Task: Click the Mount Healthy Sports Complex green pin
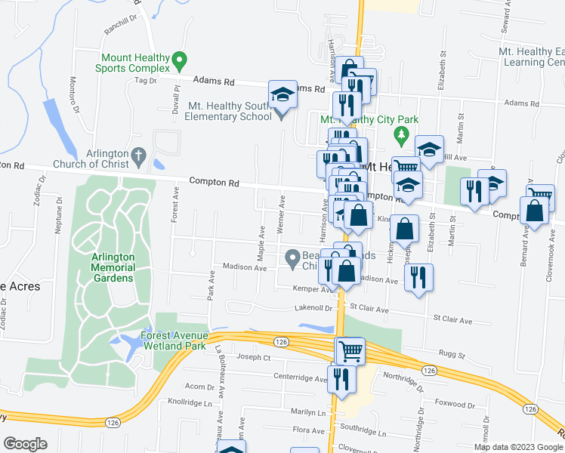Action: click(x=179, y=59)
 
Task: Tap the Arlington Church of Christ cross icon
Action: click(x=137, y=156)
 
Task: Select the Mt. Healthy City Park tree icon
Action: click(x=403, y=136)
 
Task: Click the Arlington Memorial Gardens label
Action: click(x=113, y=267)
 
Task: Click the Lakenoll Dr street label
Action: click(x=313, y=308)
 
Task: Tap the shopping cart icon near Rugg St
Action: click(x=350, y=350)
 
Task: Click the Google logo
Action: click(x=25, y=444)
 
